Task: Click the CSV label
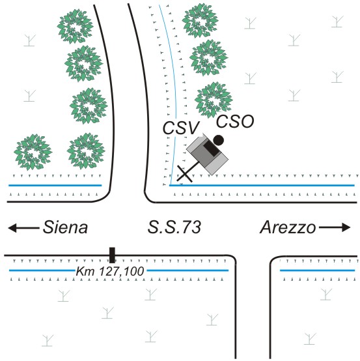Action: click(180, 128)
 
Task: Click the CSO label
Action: click(235, 121)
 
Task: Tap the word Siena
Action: click(65, 227)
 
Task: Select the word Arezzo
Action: click(288, 227)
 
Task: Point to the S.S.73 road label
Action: click(174, 227)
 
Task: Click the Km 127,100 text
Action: click(110, 271)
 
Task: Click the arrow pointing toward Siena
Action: click(23, 228)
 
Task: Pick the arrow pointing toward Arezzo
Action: click(335, 227)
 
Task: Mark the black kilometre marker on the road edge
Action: click(112, 255)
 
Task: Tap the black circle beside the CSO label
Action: click(218, 140)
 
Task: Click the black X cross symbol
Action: click(184, 173)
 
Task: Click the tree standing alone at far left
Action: click(33, 152)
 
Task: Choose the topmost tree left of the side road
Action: click(75, 27)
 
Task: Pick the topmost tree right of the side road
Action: click(200, 23)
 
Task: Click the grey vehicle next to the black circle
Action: click(208, 154)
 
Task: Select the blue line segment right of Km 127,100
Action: click(187, 270)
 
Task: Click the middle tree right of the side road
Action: click(208, 57)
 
